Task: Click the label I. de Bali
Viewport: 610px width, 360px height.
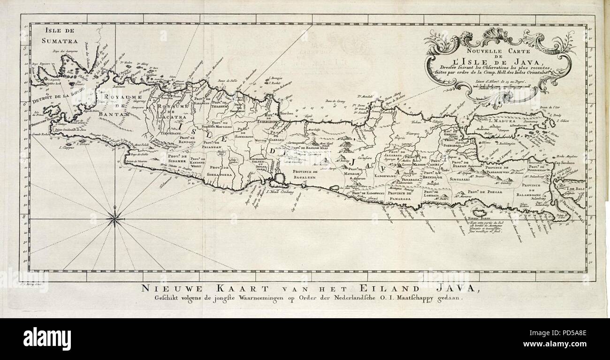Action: [x=575, y=189]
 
